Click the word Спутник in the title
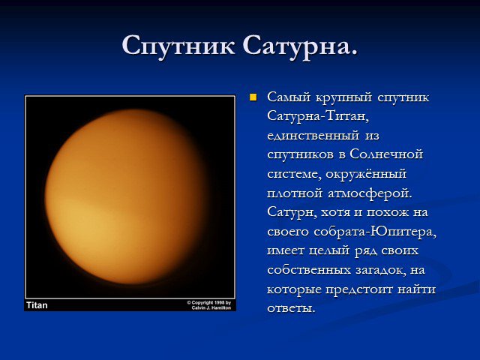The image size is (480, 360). tap(178, 46)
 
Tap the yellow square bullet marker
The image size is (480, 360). tap(253, 97)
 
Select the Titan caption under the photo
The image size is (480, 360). tap(37, 305)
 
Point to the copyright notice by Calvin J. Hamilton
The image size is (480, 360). tap(209, 305)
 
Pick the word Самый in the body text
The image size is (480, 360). tap(289, 97)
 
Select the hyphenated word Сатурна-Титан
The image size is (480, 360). tap(318, 116)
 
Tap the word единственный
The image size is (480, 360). tap(313, 135)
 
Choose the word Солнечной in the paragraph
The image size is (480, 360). tap(386, 154)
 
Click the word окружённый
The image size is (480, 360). tap(366, 173)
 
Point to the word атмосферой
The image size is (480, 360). tap(370, 193)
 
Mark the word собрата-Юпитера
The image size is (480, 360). tap(375, 232)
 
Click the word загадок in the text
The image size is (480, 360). tap(380, 270)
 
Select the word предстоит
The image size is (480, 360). tap(358, 289)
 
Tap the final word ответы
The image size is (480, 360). tap(291, 308)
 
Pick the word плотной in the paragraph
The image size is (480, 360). tap(295, 193)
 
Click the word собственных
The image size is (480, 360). tap(309, 270)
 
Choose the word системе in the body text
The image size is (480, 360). tap(294, 174)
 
